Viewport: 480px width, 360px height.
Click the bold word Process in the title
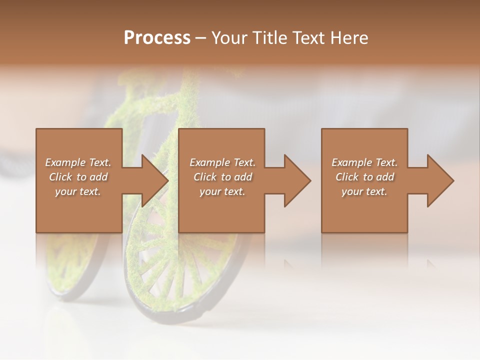pos(157,37)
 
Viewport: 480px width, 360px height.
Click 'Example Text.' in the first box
pos(78,162)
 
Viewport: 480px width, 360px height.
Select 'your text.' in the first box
pos(78,191)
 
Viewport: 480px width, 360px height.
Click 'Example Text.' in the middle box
pos(222,162)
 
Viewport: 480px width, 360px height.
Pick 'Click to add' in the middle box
pos(222,177)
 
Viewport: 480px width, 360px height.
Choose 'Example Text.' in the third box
pos(364,162)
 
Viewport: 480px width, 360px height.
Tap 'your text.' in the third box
pos(364,191)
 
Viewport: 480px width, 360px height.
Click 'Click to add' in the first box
pos(78,177)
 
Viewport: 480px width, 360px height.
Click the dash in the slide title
pos(200,38)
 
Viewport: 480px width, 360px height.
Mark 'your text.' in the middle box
pos(222,191)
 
